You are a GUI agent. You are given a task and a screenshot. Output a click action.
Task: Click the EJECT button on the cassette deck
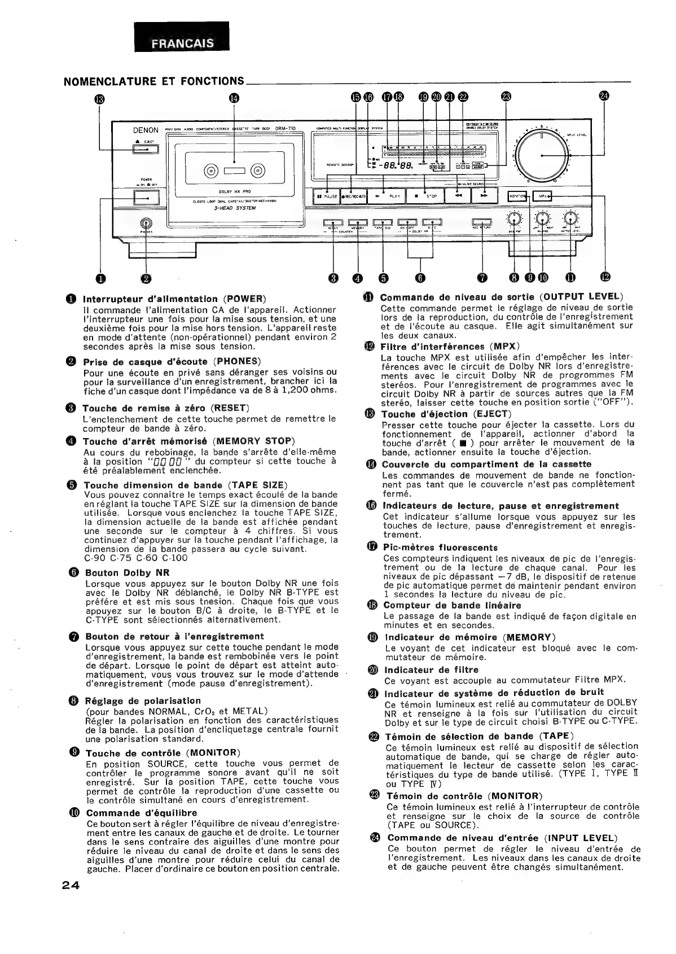click(x=146, y=150)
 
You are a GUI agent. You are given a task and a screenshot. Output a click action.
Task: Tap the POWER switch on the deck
click(x=146, y=198)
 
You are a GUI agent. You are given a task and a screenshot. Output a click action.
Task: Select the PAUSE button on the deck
click(x=326, y=196)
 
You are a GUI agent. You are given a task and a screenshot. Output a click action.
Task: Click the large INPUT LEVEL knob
click(x=541, y=155)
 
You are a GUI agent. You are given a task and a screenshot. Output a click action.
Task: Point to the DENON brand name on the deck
click(x=146, y=130)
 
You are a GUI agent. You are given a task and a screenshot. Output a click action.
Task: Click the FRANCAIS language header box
click(x=182, y=43)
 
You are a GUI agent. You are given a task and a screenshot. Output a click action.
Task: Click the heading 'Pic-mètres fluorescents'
click(x=440, y=548)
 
